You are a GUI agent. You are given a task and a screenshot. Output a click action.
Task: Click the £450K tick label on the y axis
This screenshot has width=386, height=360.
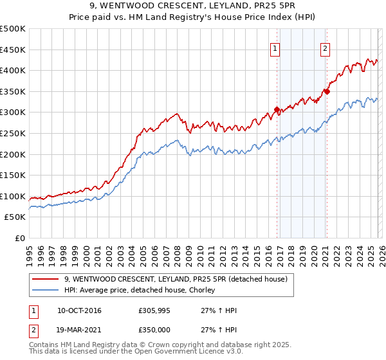coord(13,50)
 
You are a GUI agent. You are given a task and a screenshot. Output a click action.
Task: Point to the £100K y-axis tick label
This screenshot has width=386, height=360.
coord(13,196)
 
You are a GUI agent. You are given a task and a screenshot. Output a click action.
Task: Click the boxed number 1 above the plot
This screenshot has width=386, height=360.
coord(275,48)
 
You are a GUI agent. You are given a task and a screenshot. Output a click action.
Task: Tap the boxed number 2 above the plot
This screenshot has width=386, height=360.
coord(326,48)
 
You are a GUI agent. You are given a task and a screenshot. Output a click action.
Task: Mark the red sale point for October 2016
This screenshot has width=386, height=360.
coord(277,110)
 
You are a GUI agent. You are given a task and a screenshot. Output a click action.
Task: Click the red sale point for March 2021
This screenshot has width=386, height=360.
coord(327,91)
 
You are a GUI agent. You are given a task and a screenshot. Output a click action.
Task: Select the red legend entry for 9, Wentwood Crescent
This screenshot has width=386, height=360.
coord(179,278)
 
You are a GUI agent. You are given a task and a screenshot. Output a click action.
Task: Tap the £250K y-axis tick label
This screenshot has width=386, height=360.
coord(13,133)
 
